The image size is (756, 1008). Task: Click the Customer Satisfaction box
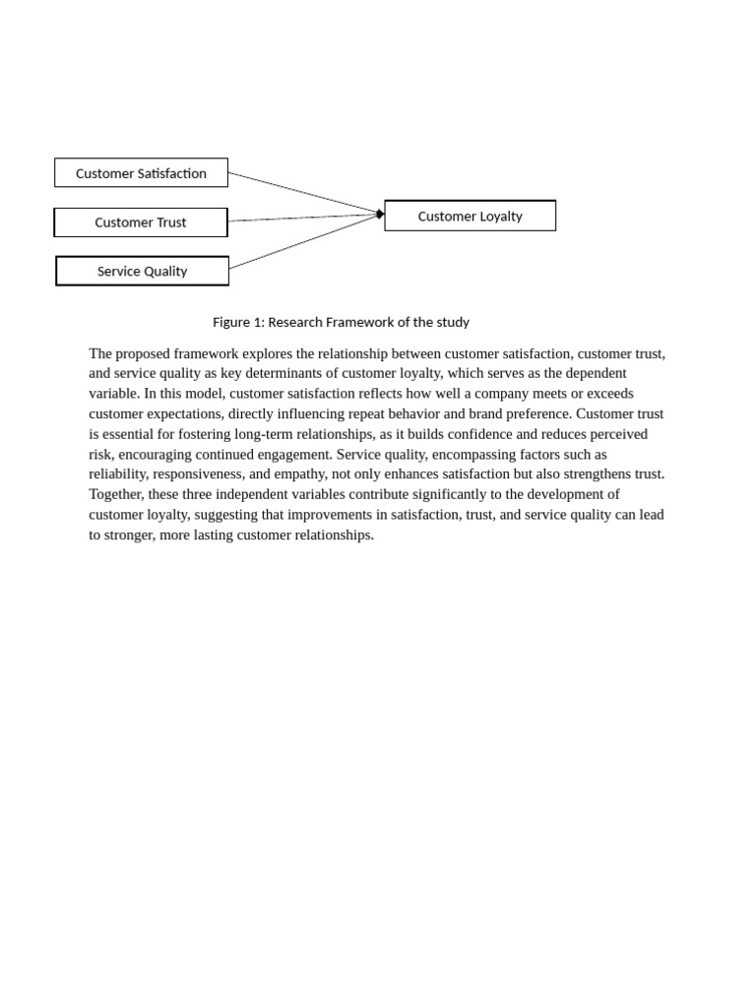141,173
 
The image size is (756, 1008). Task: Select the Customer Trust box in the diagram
141,222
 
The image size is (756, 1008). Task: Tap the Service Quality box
142,272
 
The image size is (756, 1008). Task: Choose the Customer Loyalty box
470,217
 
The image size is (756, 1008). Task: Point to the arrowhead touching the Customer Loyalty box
380,214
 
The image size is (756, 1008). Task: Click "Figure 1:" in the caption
238,322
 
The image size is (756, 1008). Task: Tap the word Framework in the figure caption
362,322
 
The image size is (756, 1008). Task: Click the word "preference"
535,413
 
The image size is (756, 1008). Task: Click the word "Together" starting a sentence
116,494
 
